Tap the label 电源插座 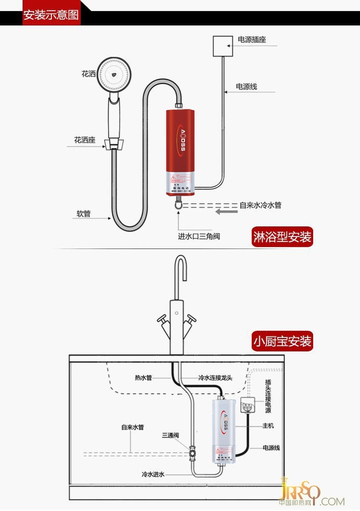coord(251,40)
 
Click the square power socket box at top coord(224,46)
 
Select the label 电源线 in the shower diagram coord(247,87)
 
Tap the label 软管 coord(83,214)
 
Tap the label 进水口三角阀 coord(199,236)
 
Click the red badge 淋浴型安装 coord(282,237)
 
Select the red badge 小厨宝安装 coord(282,341)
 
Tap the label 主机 coord(268,426)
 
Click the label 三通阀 coord(170,436)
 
